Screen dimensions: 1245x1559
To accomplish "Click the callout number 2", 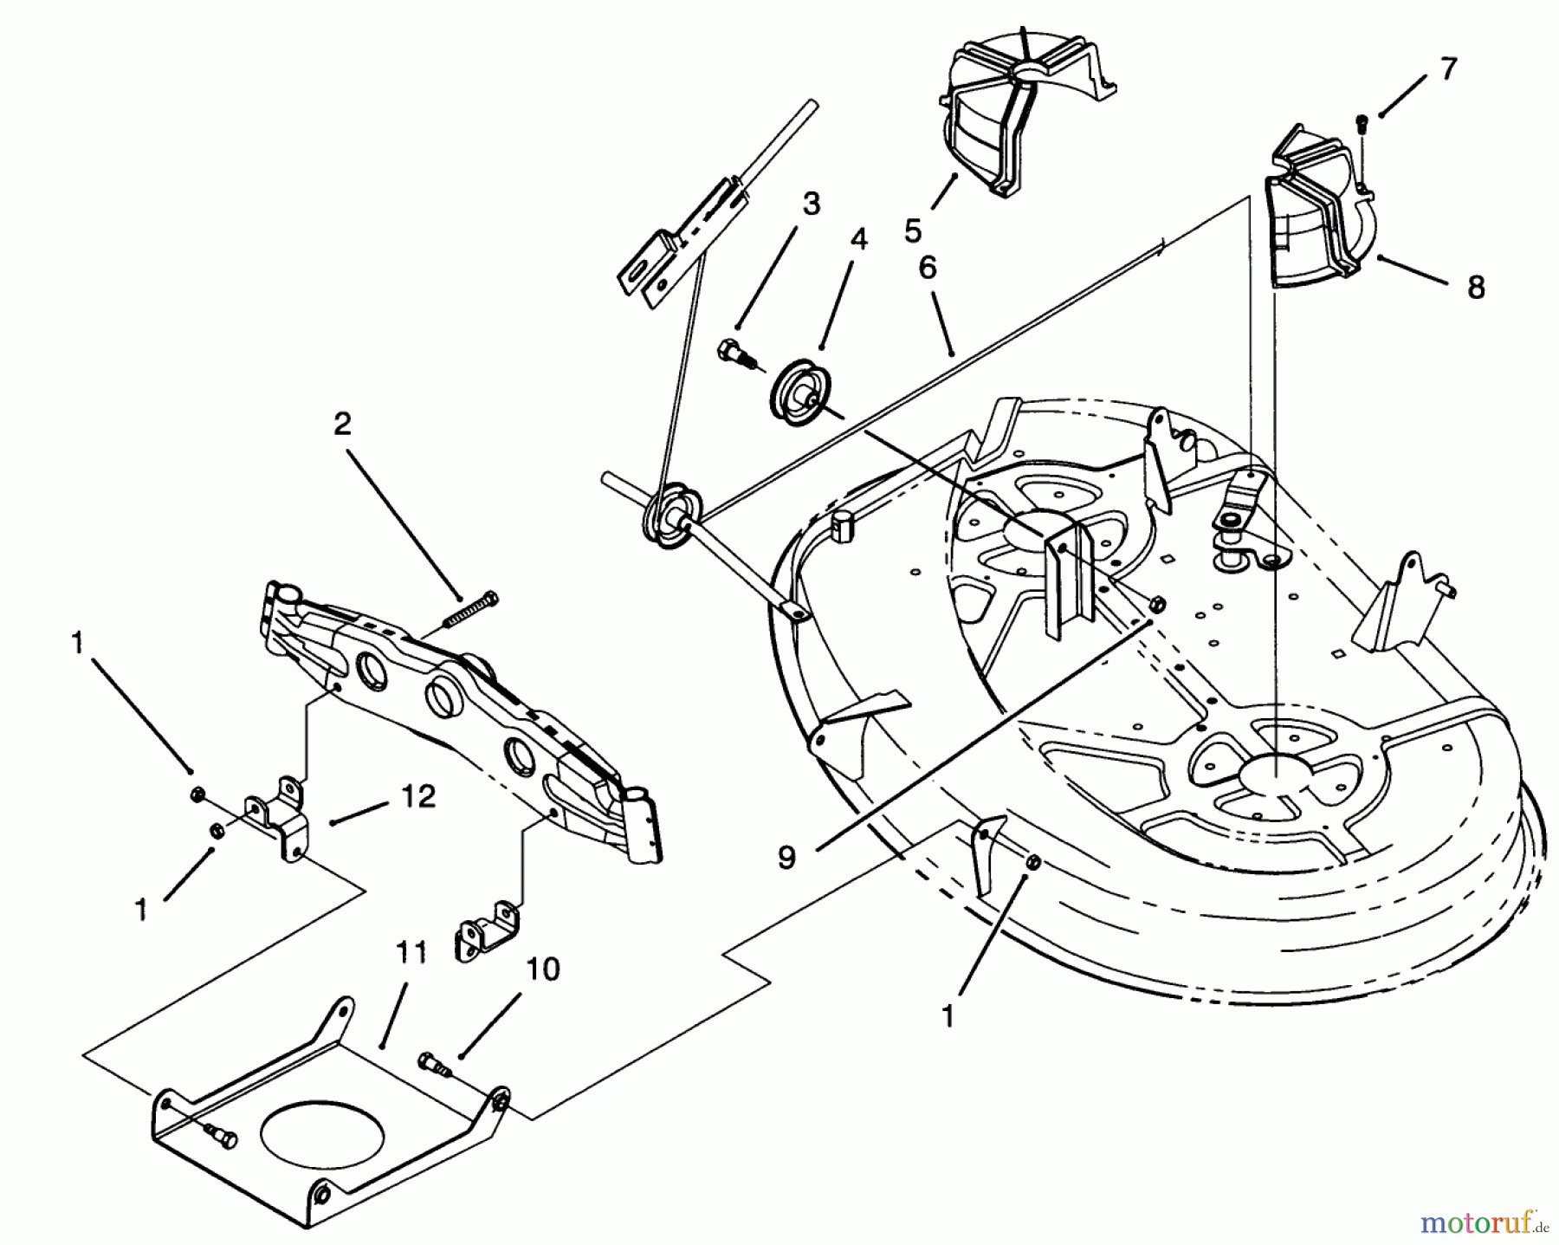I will [343, 425].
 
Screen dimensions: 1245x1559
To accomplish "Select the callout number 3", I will [810, 205].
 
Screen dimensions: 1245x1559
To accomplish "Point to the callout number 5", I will [913, 231].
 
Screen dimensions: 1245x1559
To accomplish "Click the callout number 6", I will [927, 269].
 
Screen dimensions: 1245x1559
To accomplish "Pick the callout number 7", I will [1448, 69].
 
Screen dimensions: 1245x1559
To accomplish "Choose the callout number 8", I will [1476, 288].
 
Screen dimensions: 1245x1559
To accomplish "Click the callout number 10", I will [543, 969].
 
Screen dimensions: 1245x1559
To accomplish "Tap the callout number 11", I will [412, 954].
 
